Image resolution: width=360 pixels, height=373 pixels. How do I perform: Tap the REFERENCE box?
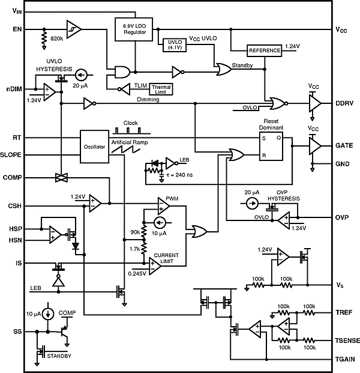pos(263,51)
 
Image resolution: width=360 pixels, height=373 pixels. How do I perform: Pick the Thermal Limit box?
pos(159,89)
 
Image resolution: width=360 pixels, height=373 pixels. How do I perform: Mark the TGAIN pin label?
pos(347,359)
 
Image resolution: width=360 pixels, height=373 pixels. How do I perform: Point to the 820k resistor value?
pos(58,38)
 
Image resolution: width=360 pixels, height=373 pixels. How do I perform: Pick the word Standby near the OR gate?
pos(242,65)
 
